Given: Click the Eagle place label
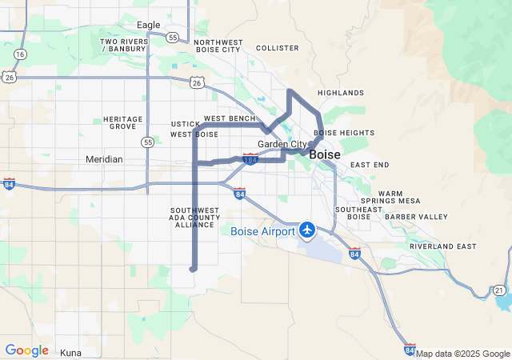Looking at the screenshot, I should click(x=148, y=25).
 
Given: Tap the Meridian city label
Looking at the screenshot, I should click(x=104, y=159).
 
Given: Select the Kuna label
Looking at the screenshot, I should click(x=71, y=352).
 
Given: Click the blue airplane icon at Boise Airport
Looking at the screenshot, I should click(x=307, y=230).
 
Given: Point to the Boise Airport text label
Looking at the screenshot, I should click(x=262, y=231).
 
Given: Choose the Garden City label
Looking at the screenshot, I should click(x=282, y=144).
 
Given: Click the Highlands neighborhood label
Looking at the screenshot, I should click(x=340, y=93).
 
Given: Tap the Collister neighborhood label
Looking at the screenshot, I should click(x=277, y=48).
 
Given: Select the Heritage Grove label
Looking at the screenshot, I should click(x=123, y=122).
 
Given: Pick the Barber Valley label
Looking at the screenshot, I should click(x=416, y=217).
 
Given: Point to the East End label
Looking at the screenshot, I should click(x=370, y=165).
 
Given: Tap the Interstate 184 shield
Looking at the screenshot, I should click(x=250, y=160).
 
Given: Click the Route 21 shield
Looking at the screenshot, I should click(x=499, y=290).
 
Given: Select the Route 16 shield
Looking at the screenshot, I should click(x=19, y=54).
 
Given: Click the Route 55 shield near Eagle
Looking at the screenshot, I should click(x=173, y=38).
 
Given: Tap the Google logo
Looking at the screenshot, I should click(x=26, y=350).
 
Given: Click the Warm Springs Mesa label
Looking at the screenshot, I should click(x=390, y=197).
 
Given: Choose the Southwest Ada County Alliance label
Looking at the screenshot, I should click(x=194, y=218).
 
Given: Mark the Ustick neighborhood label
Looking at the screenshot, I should click(x=184, y=124).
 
